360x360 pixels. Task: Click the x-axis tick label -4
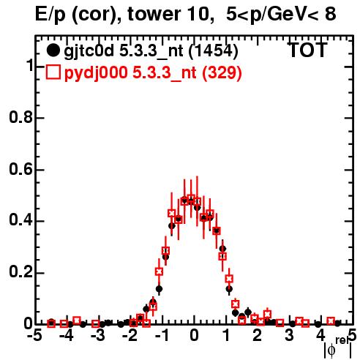66,336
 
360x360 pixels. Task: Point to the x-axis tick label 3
289,336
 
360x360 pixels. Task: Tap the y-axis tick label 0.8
20,117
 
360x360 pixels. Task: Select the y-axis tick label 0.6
20,169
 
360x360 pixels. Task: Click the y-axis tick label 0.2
20,272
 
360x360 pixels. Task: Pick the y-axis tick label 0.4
20,220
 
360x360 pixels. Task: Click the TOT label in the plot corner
307,50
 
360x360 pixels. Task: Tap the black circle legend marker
53,50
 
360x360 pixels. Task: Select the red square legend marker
53,72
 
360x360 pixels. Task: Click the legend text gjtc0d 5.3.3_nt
124,52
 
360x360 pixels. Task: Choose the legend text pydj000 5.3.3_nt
130,73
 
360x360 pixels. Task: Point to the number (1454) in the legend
214,51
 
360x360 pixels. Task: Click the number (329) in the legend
222,72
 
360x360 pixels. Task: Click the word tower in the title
154,14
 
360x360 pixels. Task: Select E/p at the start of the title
50,15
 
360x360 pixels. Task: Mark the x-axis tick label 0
194,336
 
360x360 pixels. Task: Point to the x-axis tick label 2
258,336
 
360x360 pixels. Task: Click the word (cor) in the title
96,15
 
